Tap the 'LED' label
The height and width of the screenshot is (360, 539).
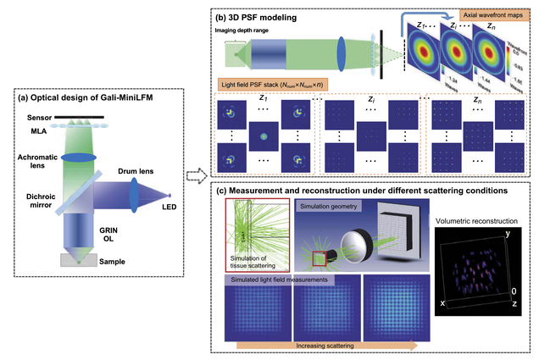[170, 206]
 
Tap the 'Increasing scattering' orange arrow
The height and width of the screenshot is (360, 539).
[327, 346]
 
